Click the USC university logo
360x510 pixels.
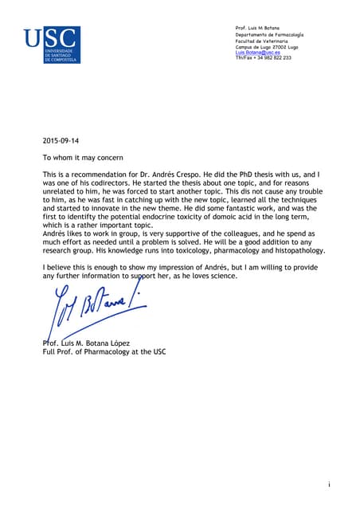point(51,45)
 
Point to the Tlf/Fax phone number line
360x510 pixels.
point(263,57)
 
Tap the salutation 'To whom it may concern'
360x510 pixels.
point(83,157)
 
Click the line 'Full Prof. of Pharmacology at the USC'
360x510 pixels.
point(104,351)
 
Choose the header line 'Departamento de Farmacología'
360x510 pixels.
point(268,35)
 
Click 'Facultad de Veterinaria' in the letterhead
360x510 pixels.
point(261,41)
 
